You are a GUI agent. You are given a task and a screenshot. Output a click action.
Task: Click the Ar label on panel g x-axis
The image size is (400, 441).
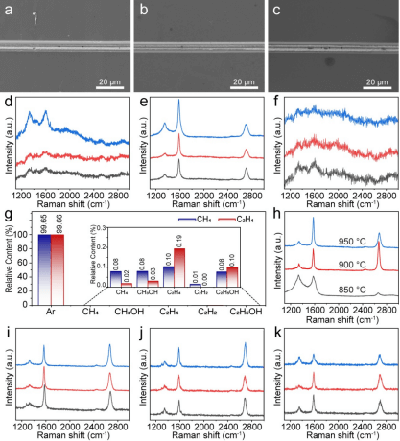[x=49, y=312]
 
